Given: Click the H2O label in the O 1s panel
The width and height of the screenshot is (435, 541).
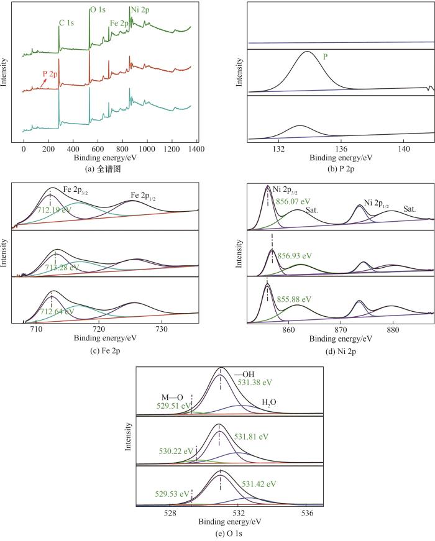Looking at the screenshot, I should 269,402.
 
